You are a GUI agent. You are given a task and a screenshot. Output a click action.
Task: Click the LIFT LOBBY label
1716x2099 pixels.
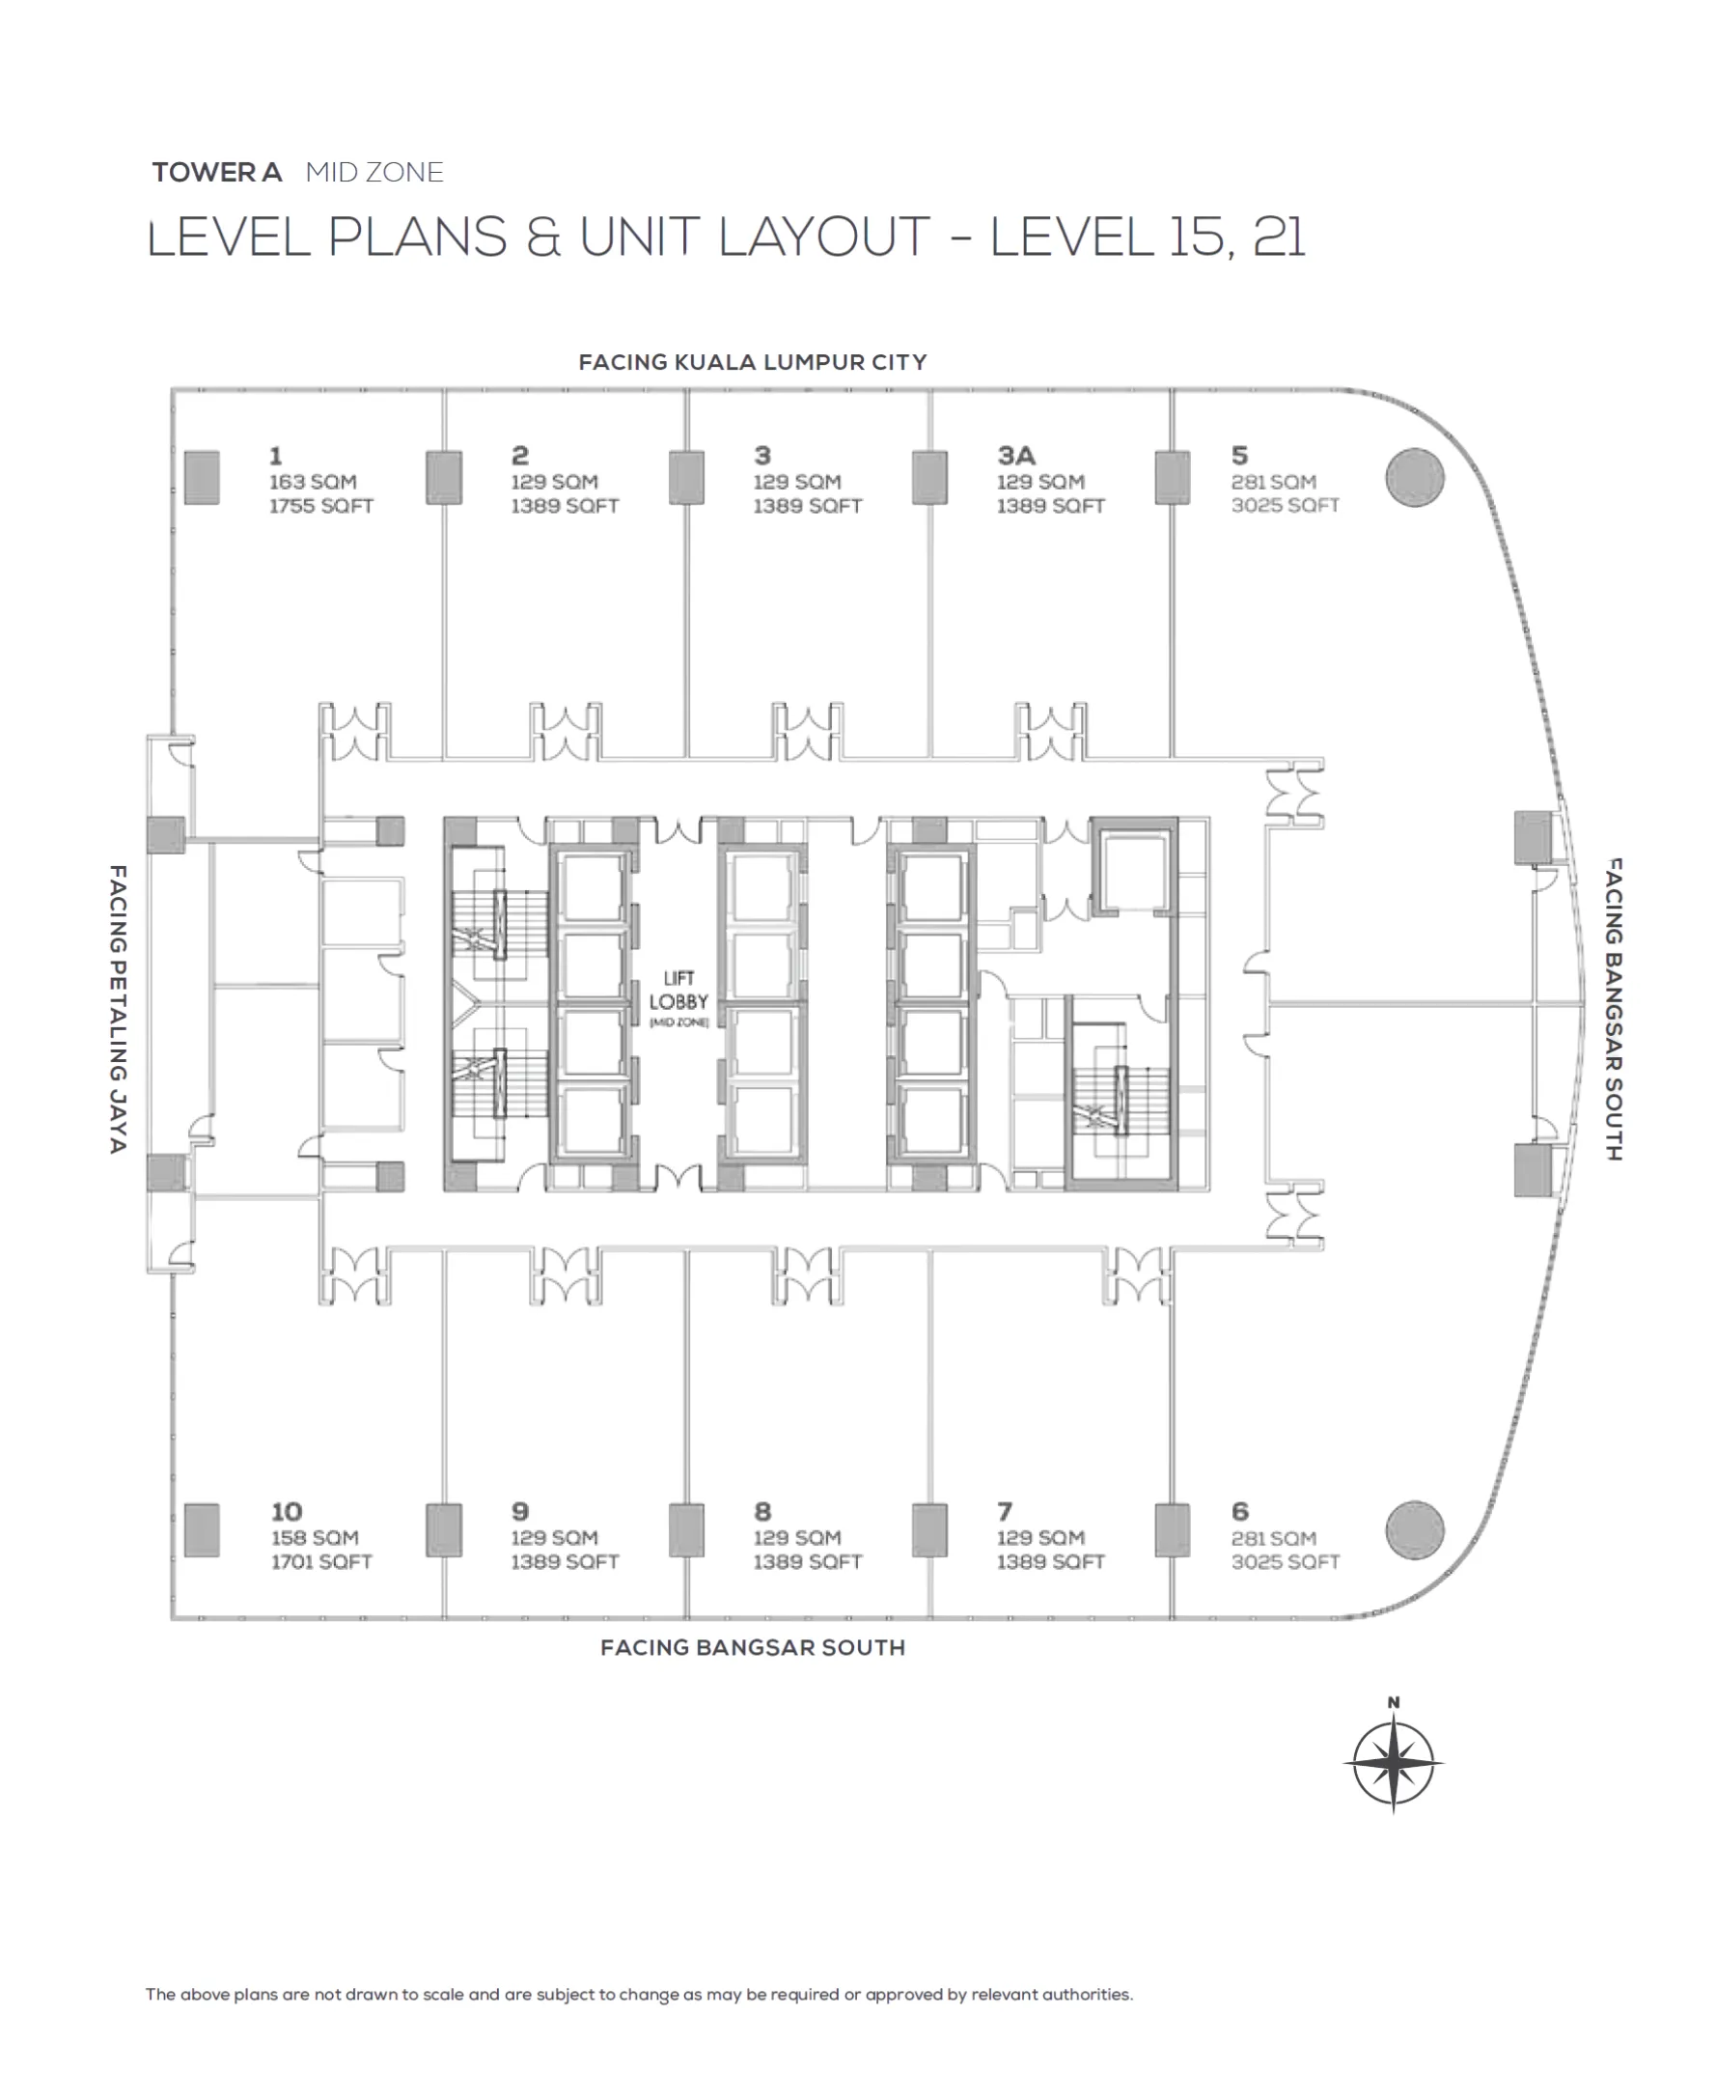pos(678,990)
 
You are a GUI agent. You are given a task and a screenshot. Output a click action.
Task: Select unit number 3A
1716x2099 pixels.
pos(1016,455)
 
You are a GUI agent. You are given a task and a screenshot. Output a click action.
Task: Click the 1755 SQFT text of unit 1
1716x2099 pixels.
pos(321,506)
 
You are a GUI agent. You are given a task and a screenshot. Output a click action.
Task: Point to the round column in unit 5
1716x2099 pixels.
pos(1415,478)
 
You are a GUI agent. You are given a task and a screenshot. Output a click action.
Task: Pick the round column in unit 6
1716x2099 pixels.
pos(1415,1529)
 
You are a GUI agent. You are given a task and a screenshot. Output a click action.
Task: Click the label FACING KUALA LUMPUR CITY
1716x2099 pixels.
pos(752,362)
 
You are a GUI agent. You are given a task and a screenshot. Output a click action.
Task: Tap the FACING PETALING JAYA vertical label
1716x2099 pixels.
pos(118,1009)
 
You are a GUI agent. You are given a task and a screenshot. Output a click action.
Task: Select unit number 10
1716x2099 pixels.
pos(287,1512)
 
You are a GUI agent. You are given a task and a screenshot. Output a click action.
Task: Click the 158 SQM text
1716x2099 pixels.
pos(315,1537)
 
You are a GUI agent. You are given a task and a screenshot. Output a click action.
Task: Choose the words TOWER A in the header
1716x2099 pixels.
pos(216,172)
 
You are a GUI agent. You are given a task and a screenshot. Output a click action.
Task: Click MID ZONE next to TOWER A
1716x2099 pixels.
pos(374,172)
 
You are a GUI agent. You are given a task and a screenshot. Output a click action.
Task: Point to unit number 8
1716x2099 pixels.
pos(762,1512)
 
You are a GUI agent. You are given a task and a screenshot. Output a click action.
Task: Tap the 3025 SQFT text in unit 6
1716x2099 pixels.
pos(1285,1562)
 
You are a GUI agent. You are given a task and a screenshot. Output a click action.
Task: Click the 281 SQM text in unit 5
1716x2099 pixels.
pos(1273,482)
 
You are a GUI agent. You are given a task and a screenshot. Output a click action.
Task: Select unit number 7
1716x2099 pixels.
pos(1005,1512)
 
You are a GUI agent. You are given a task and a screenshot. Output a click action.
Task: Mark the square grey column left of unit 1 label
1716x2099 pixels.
pos(202,478)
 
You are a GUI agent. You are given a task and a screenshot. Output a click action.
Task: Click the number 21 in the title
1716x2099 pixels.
pos(1279,238)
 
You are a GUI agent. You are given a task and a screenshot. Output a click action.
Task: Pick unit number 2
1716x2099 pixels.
pos(520,455)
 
